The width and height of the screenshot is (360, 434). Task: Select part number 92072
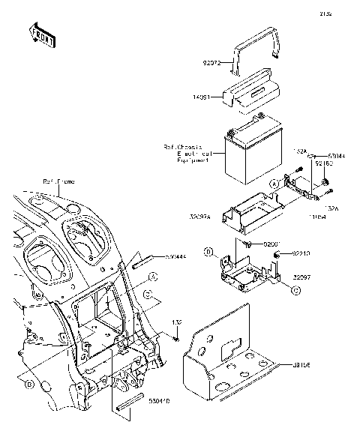coord(214,64)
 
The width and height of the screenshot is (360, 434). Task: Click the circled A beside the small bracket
coord(274,183)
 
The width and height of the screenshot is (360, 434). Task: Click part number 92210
coord(300,255)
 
